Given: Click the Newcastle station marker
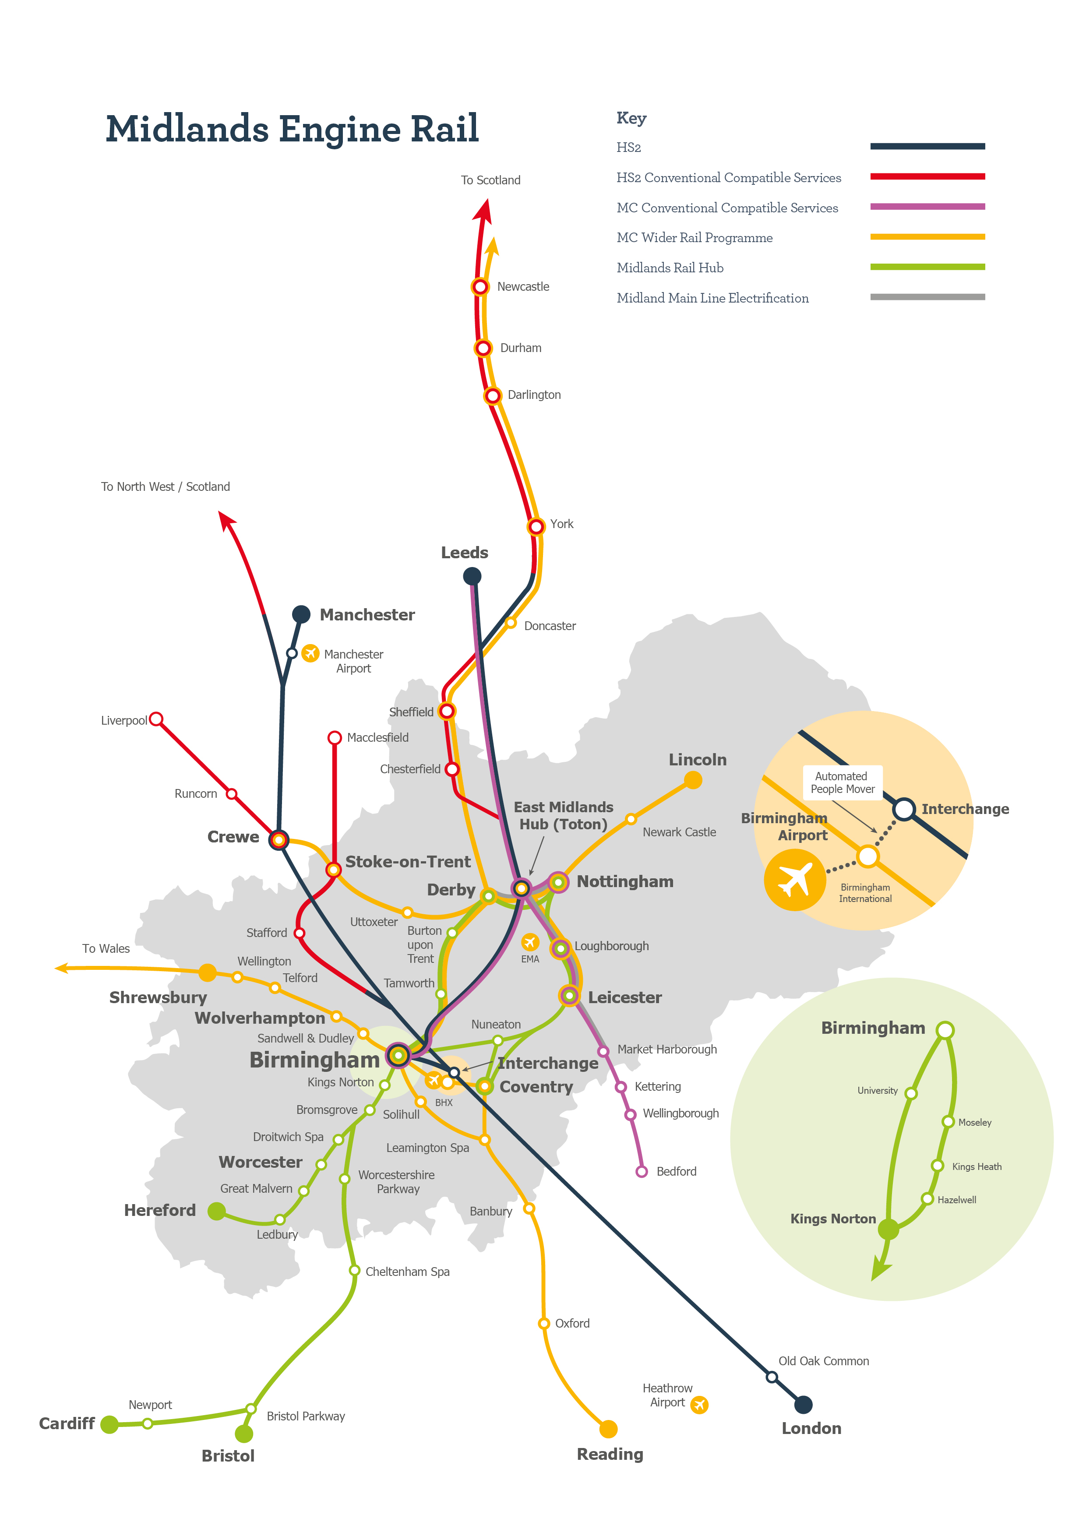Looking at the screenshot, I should coord(480,287).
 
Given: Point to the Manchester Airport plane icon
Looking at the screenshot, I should coord(310,653).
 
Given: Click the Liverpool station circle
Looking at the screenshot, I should coord(156,719).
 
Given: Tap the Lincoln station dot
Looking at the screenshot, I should coord(693,780).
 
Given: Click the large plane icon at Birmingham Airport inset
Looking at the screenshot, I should coord(794,880).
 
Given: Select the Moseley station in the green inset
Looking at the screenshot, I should coord(948,1122).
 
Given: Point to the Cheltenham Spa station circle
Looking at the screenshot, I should coord(355,1270).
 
